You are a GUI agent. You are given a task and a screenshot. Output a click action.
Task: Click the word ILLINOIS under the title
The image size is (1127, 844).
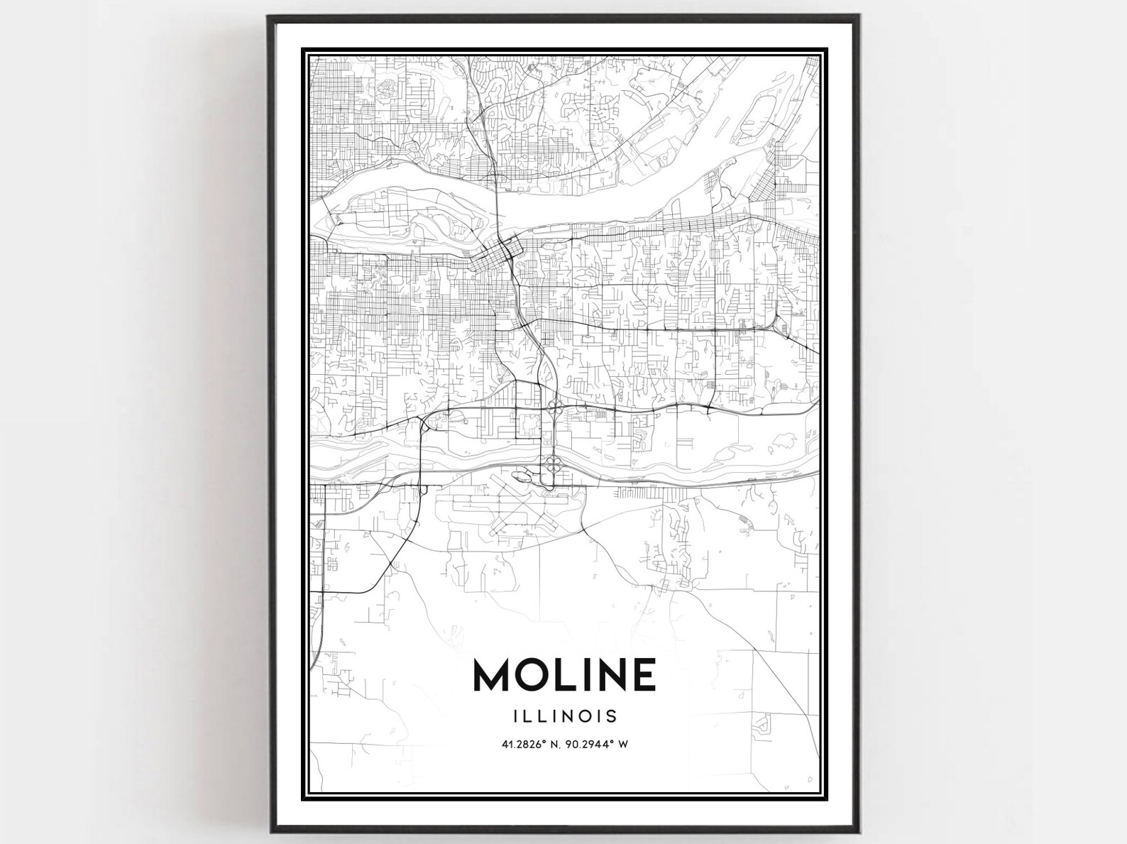point(565,716)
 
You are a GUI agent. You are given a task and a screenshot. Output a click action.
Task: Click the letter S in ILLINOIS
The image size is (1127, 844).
point(612,716)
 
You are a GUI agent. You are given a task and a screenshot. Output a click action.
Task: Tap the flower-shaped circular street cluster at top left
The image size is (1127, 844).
point(388,89)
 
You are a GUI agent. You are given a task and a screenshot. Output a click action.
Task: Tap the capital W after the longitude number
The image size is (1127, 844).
point(625,745)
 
